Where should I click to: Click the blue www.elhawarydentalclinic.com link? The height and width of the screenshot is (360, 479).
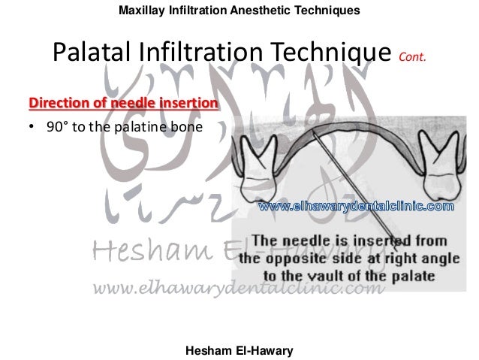356,205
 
